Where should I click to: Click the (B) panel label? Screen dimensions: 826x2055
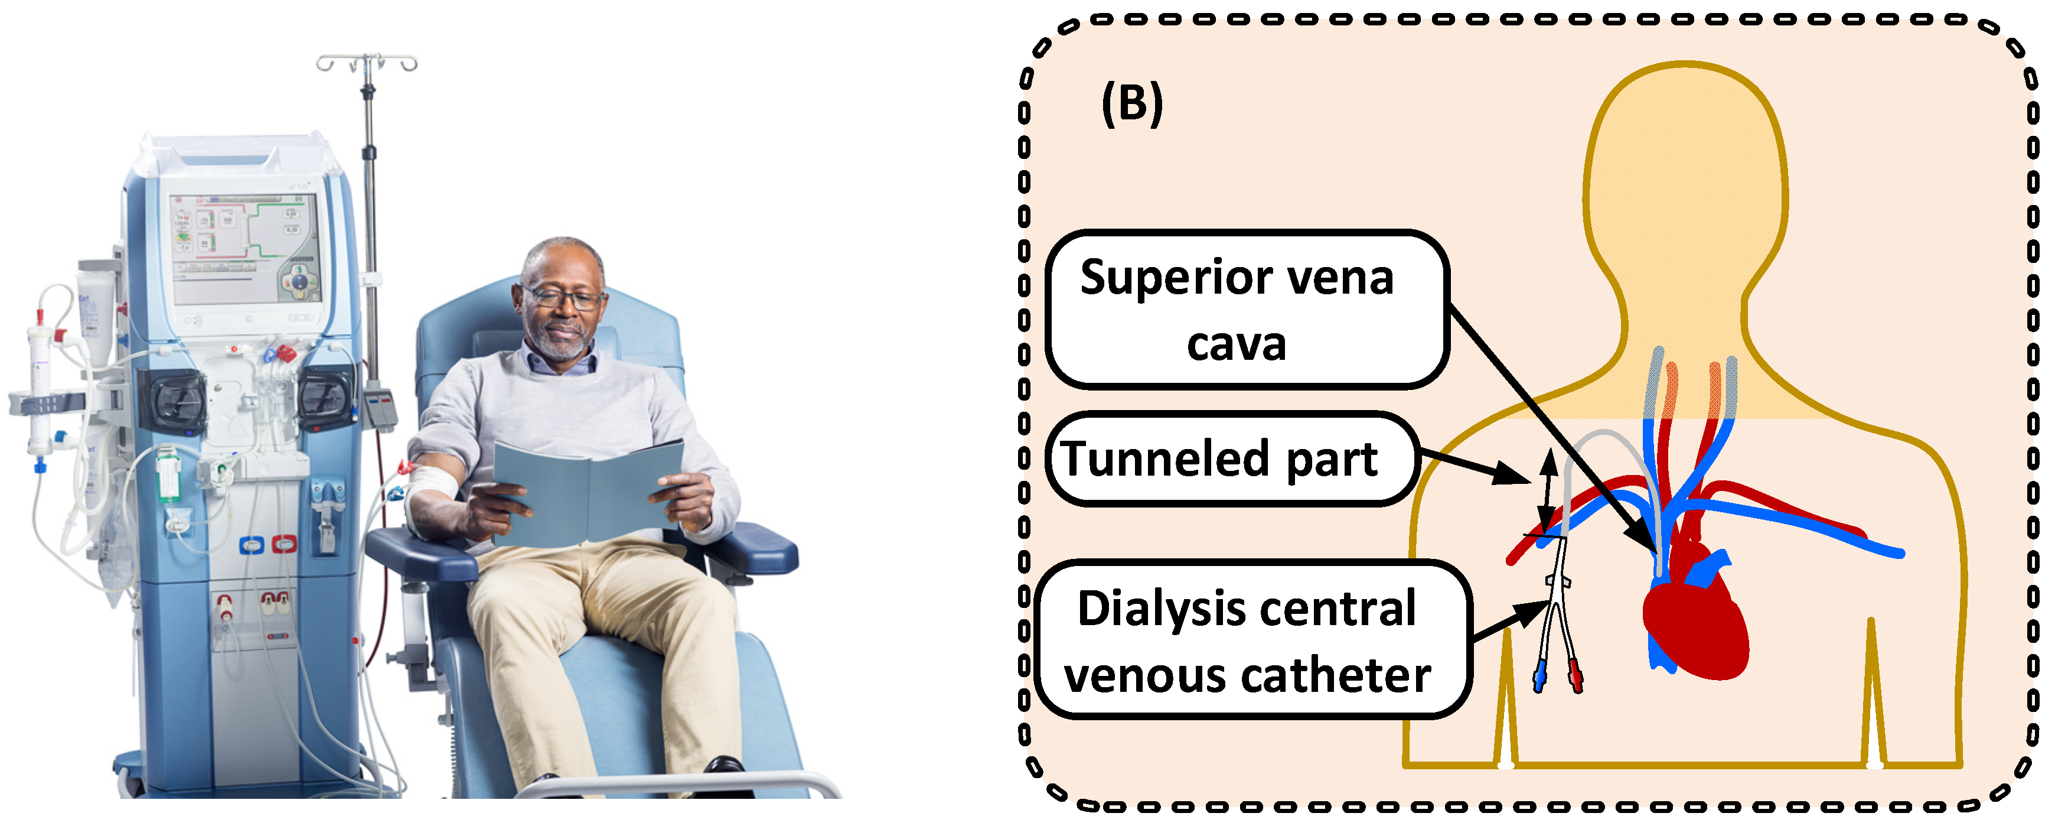1132,104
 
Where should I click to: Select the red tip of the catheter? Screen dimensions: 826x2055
1575,677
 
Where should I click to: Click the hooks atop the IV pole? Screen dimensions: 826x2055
367,62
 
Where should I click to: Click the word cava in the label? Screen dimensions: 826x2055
1236,345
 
